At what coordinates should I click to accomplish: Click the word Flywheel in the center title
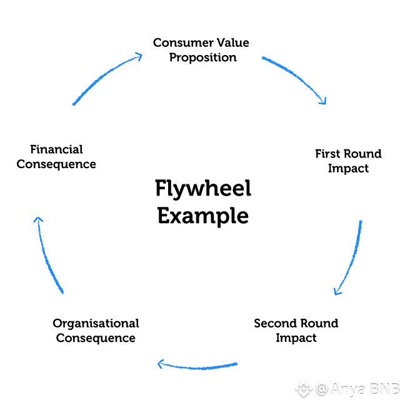click(202, 188)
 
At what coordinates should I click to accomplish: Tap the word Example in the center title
click(202, 216)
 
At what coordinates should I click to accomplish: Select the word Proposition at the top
click(202, 57)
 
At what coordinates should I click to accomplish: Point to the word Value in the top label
click(232, 42)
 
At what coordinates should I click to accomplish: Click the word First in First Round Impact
click(327, 154)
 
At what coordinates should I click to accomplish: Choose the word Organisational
click(96, 323)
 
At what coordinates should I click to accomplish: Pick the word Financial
click(56, 149)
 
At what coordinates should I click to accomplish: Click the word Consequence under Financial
click(56, 164)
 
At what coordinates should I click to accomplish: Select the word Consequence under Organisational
click(96, 338)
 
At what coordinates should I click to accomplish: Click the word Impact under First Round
click(348, 169)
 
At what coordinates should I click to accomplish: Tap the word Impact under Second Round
click(296, 338)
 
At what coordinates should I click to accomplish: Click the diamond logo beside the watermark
click(304, 389)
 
